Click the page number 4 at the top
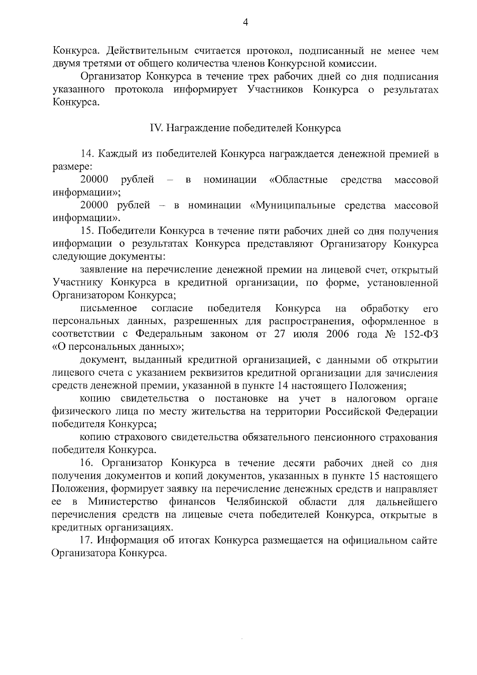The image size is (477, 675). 245,23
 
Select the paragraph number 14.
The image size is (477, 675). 87,154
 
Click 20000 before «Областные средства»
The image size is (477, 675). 94,180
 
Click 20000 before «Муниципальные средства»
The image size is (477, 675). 94,206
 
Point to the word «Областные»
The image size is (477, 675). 298,180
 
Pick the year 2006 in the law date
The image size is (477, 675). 337,334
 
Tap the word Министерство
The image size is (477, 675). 123,501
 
